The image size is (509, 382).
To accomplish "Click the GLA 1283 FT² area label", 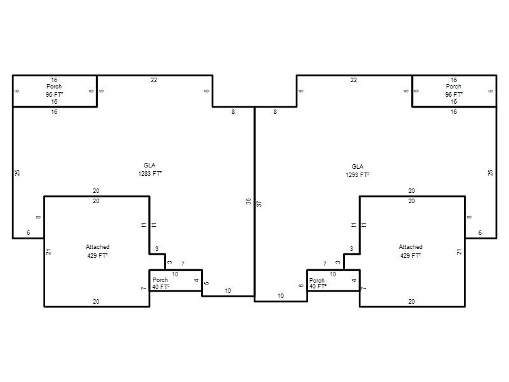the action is (x=150, y=169).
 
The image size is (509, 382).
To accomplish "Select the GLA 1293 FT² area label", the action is (x=357, y=171).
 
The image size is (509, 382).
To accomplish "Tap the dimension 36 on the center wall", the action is (x=249, y=201).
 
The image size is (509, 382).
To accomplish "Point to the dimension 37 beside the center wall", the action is (x=259, y=204).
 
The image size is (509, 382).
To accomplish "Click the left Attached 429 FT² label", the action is (x=97, y=251).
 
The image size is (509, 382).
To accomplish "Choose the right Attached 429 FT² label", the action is (x=410, y=251).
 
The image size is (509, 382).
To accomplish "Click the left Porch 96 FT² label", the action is (x=54, y=90).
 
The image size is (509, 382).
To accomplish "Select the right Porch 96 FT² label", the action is (x=454, y=90).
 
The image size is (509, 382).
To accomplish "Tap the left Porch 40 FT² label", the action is (x=161, y=283).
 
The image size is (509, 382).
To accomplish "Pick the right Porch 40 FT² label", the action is (x=317, y=283).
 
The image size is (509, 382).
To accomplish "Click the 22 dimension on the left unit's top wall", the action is (x=154, y=80).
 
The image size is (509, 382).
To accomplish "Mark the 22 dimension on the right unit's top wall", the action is (x=354, y=80).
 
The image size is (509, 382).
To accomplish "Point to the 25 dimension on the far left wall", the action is (x=17, y=173).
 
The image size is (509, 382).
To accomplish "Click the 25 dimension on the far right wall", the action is (x=490, y=173).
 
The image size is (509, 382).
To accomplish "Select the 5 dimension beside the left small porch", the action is (x=207, y=283).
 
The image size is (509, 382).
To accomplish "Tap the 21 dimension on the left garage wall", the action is (x=49, y=251).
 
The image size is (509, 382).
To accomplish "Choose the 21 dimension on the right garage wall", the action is (x=459, y=251).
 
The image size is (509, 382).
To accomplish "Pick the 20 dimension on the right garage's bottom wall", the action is (x=411, y=301).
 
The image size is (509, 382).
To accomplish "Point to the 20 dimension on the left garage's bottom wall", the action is (x=96, y=301).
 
